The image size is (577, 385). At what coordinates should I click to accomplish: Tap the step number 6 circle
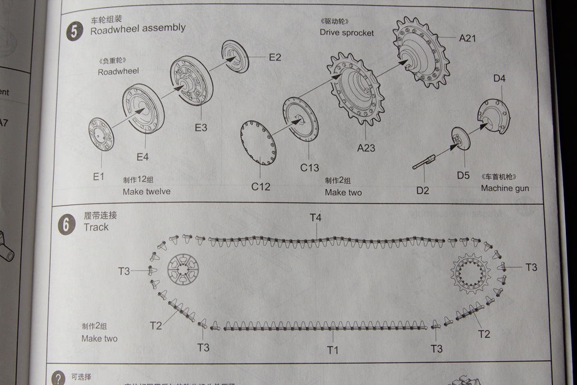67,226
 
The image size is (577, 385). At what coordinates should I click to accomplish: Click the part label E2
274,57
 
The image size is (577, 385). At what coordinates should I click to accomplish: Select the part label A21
467,38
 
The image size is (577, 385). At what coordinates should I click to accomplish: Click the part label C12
260,186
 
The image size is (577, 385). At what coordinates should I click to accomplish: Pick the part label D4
499,78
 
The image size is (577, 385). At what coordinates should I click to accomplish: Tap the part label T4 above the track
315,218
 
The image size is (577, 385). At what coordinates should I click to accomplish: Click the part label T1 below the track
332,349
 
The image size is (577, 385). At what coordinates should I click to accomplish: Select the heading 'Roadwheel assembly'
137,28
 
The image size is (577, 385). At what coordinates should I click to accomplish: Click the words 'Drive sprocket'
346,33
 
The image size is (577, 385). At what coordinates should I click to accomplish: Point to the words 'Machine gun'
505,189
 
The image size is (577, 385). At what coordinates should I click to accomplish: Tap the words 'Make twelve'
146,191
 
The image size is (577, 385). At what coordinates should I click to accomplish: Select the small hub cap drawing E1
101,135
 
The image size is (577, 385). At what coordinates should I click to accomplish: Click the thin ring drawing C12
259,143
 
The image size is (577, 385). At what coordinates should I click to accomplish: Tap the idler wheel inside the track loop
184,270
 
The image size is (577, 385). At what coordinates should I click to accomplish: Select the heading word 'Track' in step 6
96,227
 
